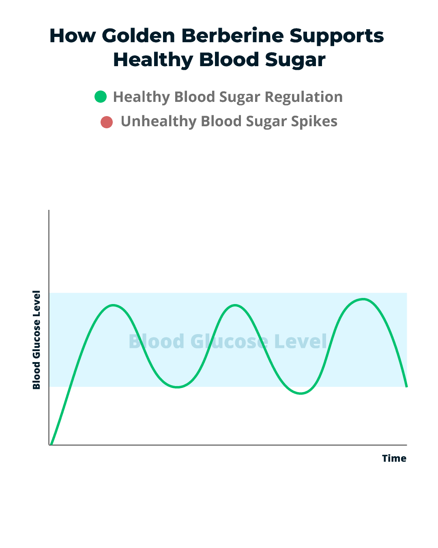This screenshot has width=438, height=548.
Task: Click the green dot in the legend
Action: click(101, 97)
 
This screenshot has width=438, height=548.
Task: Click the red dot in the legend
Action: click(107, 122)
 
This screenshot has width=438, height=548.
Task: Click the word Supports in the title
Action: click(336, 37)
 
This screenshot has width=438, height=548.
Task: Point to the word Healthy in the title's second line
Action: click(153, 60)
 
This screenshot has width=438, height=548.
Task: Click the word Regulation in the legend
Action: click(304, 97)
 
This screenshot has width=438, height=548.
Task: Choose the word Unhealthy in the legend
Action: click(159, 122)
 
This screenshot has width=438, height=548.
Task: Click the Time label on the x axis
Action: click(394, 458)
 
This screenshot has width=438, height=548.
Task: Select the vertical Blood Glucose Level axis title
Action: click(36, 340)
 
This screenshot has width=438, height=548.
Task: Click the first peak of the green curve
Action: click(114, 305)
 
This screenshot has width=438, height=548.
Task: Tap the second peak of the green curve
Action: click(235, 305)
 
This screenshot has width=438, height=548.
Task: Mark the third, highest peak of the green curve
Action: click(363, 299)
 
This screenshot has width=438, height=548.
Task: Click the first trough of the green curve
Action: click(177, 387)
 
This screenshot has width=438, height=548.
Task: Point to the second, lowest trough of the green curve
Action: click(301, 393)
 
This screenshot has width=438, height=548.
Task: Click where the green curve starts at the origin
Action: click(52, 444)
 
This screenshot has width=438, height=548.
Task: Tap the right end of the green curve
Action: click(406, 386)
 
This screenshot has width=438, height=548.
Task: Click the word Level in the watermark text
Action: click(301, 341)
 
